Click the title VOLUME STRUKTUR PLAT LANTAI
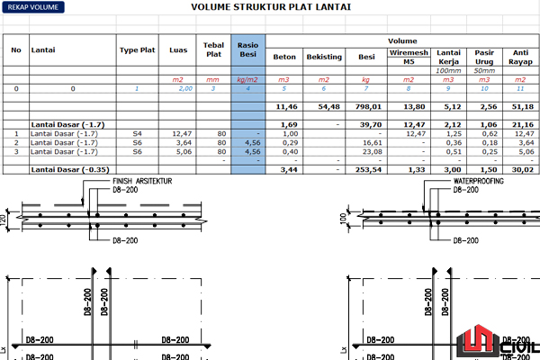[x=271, y=7]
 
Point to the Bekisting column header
[x=324, y=57]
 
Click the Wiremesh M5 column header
[x=409, y=57]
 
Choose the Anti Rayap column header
[x=521, y=57]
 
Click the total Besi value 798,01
[x=370, y=106]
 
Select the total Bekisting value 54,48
[x=328, y=106]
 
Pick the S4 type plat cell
[x=137, y=133]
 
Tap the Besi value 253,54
[x=370, y=169]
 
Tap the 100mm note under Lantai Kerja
[x=447, y=70]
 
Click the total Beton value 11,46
[x=286, y=106]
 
